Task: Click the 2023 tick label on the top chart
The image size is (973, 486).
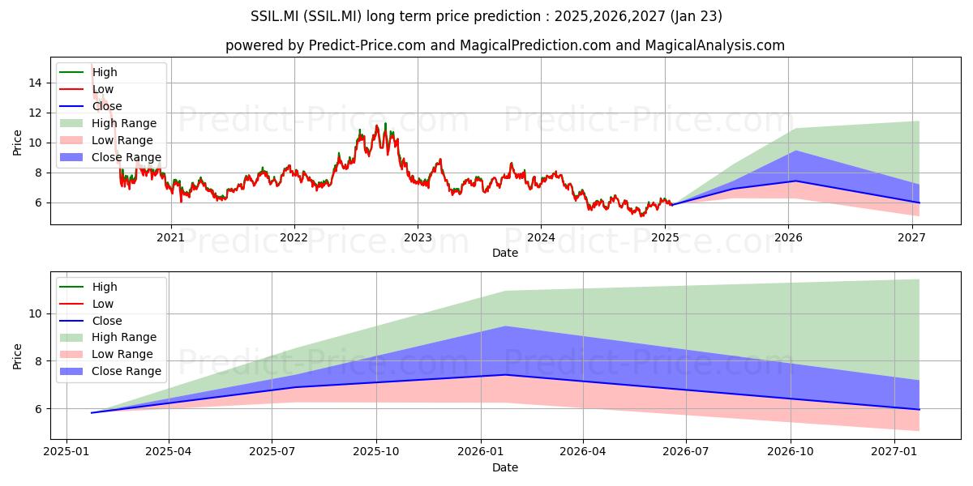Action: [418, 237]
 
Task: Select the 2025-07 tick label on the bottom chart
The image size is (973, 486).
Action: [272, 452]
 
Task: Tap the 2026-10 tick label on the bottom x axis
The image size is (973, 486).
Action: [791, 452]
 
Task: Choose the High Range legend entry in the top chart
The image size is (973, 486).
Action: [108, 123]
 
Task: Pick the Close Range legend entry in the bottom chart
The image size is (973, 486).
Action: [110, 371]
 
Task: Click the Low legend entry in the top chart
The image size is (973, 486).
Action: [86, 89]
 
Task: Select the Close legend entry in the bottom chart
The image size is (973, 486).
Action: [90, 321]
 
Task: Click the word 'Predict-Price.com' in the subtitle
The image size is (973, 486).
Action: [367, 45]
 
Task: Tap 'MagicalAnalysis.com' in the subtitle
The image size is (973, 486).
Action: [715, 45]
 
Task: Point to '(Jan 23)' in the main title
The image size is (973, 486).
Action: [697, 16]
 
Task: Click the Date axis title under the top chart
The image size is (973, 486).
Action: [504, 253]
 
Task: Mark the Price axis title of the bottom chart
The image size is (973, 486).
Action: [17, 356]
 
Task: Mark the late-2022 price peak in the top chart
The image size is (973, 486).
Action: [385, 124]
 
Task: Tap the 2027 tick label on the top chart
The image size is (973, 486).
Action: [911, 237]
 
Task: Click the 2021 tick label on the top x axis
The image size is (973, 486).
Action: [171, 237]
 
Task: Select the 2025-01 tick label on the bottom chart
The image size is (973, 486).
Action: [66, 452]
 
